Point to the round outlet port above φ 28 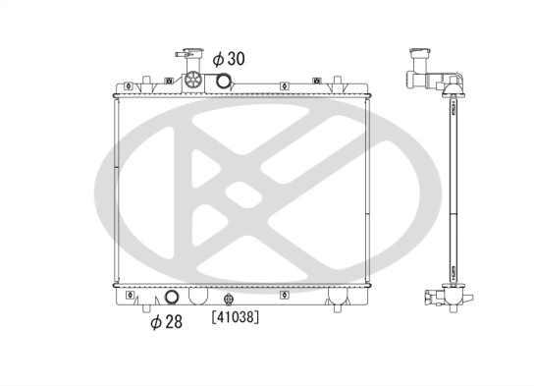pos(174,298)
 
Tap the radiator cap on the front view pos(184,56)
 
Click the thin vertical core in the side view pos(453,187)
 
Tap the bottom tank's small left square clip pos(128,293)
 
